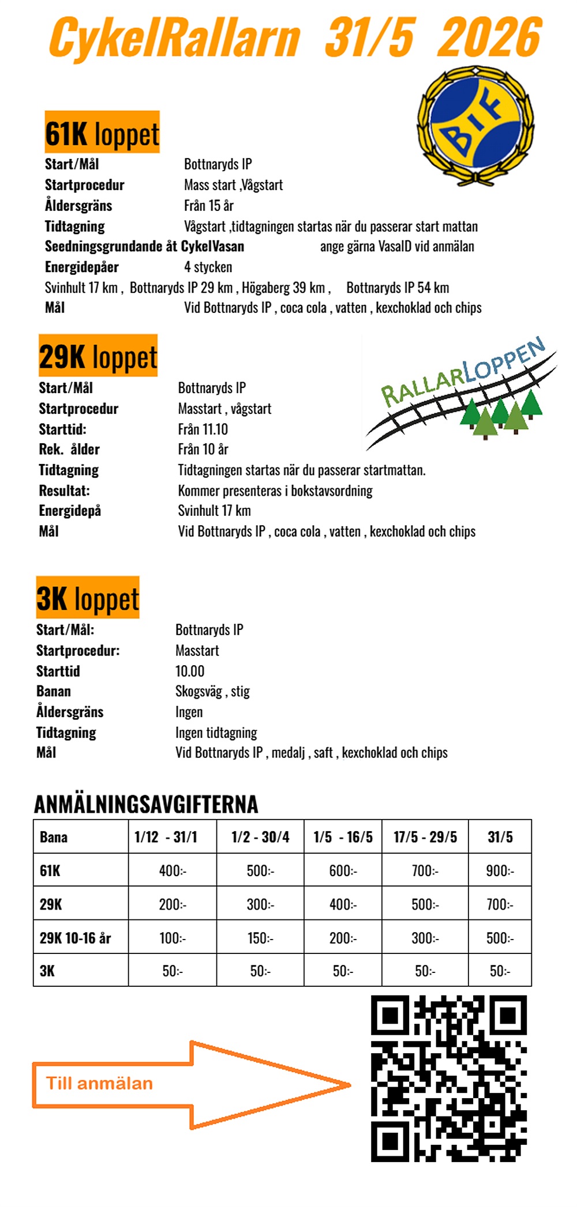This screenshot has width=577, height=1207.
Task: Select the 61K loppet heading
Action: point(102,133)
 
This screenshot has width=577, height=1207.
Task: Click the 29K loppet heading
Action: point(98,356)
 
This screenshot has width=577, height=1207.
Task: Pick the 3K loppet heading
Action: point(88,598)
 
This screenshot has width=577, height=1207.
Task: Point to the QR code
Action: point(448,1078)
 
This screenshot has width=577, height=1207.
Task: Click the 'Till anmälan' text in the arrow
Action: point(99,1084)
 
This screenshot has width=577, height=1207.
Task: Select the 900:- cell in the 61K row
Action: point(500,870)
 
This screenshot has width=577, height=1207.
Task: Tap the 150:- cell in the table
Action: point(260,938)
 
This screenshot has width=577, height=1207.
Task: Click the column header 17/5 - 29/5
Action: point(425,837)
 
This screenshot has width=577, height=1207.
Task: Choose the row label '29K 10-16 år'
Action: point(76,938)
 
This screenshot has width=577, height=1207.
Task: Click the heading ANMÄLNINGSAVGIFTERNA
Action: point(146,804)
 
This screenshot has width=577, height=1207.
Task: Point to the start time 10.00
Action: point(190,671)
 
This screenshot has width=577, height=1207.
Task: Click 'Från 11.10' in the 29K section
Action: point(203,429)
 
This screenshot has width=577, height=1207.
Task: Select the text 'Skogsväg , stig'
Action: point(212,691)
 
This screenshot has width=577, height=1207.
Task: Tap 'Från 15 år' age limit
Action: point(209,206)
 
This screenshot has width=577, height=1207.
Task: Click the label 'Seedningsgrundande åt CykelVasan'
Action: point(144,246)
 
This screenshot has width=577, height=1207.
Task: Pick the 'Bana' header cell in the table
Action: point(54,837)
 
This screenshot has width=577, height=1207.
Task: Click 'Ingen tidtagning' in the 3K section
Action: point(216,733)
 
